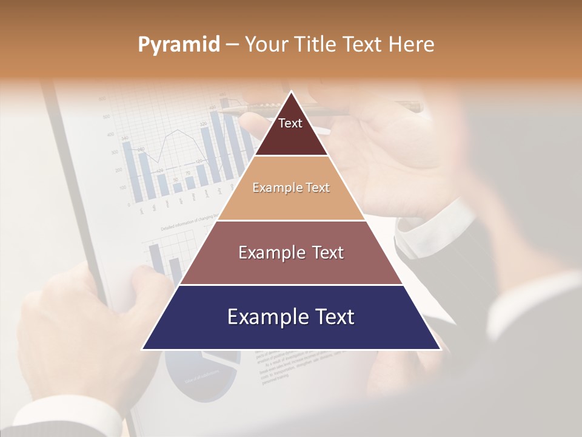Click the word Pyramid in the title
[178, 45]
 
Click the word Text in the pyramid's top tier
[290, 123]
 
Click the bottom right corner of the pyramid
[440, 349]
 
